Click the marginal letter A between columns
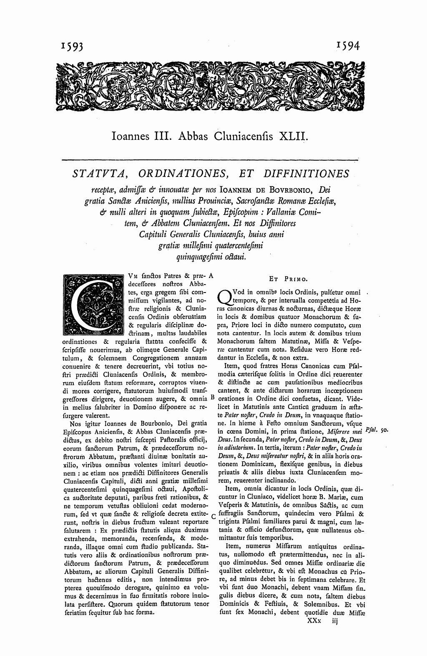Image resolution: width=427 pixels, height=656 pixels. click(x=211, y=275)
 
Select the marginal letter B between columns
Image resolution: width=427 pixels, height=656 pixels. click(x=212, y=397)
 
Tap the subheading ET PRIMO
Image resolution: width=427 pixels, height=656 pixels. click(x=288, y=278)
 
